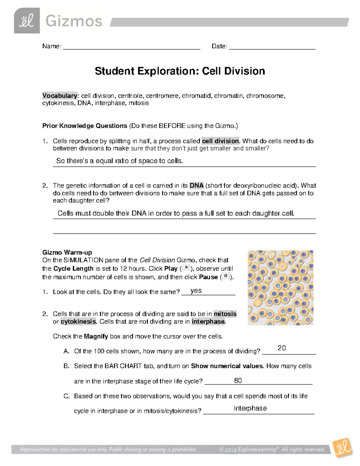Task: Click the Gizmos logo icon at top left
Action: (x=27, y=21)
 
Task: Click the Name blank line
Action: (x=131, y=47)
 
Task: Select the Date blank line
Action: (x=272, y=47)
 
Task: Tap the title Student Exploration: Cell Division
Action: (x=180, y=71)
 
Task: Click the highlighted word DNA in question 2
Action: (x=196, y=185)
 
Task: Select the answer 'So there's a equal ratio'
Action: (x=119, y=161)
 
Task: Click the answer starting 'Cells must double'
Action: (x=176, y=213)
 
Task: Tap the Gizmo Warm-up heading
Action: (x=67, y=252)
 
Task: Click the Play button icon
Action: (x=186, y=268)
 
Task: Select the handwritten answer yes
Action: (x=196, y=291)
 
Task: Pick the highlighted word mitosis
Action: (x=225, y=314)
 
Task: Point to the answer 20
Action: (x=282, y=348)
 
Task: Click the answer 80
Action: (x=238, y=381)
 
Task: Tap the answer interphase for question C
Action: (x=250, y=408)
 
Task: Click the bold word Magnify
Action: (x=96, y=336)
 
